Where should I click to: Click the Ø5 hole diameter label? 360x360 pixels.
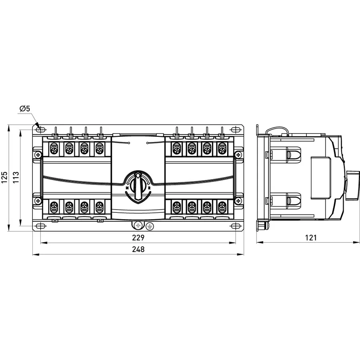[25, 108]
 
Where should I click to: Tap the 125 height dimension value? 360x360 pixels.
[5, 177]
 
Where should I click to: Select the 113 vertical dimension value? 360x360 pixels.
[16, 177]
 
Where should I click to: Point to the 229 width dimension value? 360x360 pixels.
[138, 238]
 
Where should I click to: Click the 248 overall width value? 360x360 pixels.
[138, 249]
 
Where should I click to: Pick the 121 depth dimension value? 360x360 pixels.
[311, 238]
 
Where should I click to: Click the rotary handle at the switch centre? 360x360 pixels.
[138, 186]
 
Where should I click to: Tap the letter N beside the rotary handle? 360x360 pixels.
[127, 188]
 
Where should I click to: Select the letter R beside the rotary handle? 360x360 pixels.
[149, 188]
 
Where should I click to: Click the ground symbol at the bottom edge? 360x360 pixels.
[150, 226]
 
